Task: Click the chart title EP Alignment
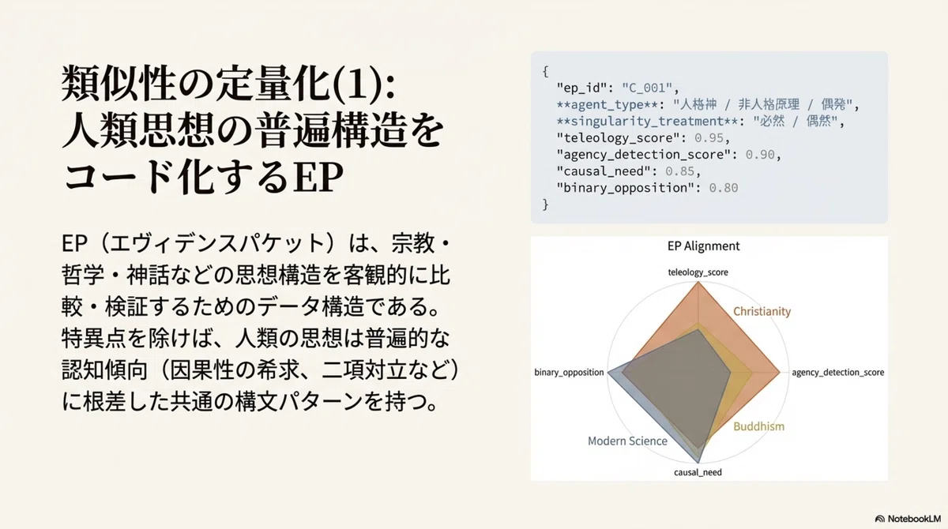pyautogui.click(x=703, y=246)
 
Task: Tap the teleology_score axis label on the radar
pyautogui.click(x=698, y=272)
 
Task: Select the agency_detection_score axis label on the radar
pyautogui.click(x=838, y=373)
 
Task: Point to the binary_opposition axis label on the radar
pyautogui.click(x=569, y=373)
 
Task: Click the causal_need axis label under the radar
pyautogui.click(x=698, y=472)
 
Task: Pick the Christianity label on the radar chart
pyautogui.click(x=762, y=312)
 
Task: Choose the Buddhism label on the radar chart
pyautogui.click(x=759, y=426)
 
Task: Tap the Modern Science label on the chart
pyautogui.click(x=627, y=441)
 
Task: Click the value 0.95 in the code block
pyautogui.click(x=709, y=138)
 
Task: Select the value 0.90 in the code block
pyautogui.click(x=760, y=154)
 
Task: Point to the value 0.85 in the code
pyautogui.click(x=680, y=171)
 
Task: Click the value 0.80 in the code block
pyautogui.click(x=724, y=188)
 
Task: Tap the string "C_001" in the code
pyautogui.click(x=647, y=88)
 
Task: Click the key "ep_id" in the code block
pyautogui.click(x=582, y=88)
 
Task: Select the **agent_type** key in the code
pyautogui.click(x=608, y=104)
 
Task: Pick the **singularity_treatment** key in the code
pyautogui.click(x=647, y=122)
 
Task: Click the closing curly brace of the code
pyautogui.click(x=546, y=204)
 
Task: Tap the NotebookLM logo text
pyautogui.click(x=914, y=519)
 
